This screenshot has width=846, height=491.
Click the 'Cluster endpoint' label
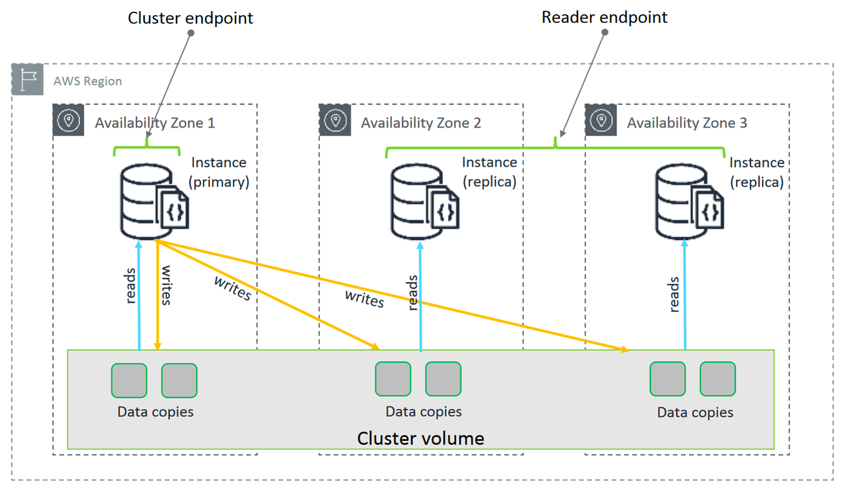point(190,18)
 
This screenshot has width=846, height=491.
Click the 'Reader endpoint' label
point(604,17)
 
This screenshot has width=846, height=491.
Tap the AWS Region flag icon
point(27,80)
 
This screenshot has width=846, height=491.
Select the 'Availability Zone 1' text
point(154,123)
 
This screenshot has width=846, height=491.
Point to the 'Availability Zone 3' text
point(687,123)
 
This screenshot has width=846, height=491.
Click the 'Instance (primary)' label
point(219,172)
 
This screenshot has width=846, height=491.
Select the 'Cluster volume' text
point(421,438)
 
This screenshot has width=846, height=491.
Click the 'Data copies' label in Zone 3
point(695,413)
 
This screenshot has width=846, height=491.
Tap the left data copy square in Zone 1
point(129,380)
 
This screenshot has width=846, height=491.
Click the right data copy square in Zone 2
point(443,379)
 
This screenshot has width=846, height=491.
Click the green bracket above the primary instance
point(146,149)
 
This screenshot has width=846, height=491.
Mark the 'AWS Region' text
point(87,82)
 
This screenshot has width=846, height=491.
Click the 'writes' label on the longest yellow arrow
point(364,299)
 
